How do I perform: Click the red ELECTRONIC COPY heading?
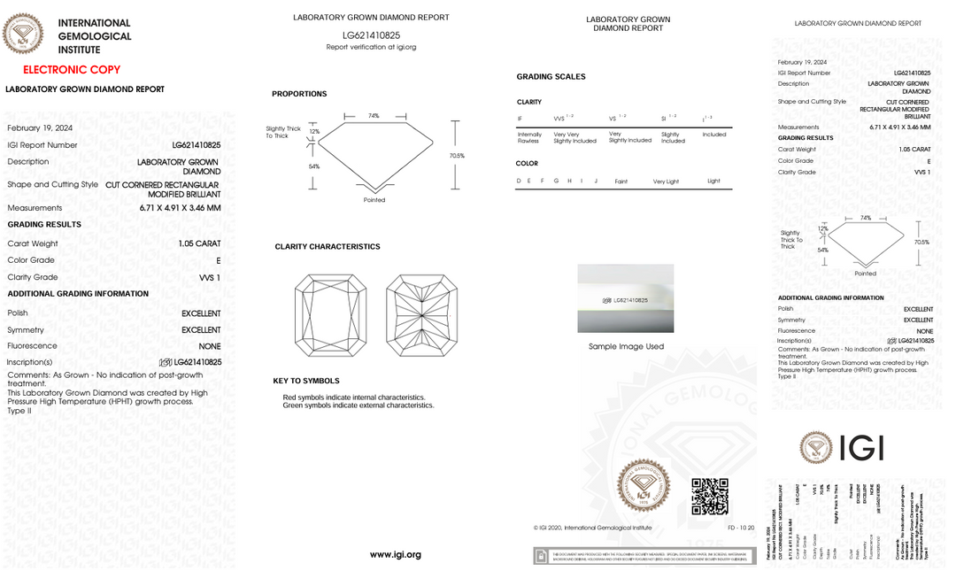click(72, 70)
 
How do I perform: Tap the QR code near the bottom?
click(710, 497)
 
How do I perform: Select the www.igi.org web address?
click(395, 555)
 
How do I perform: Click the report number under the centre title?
click(371, 35)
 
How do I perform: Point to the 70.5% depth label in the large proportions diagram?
click(457, 156)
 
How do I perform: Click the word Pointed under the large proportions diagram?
click(374, 200)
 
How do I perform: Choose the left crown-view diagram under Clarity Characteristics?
click(330, 316)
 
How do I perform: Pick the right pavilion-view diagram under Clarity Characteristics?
click(421, 316)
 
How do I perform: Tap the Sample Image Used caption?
click(626, 347)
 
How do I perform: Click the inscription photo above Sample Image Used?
click(626, 298)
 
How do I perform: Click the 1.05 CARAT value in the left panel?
click(199, 243)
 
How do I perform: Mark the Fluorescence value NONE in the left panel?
click(210, 346)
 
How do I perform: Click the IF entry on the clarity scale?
click(520, 118)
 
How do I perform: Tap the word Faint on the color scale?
click(621, 181)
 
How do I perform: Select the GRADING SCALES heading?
click(551, 77)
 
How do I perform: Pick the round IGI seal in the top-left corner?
click(23, 34)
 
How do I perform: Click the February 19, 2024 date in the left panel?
click(40, 128)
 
